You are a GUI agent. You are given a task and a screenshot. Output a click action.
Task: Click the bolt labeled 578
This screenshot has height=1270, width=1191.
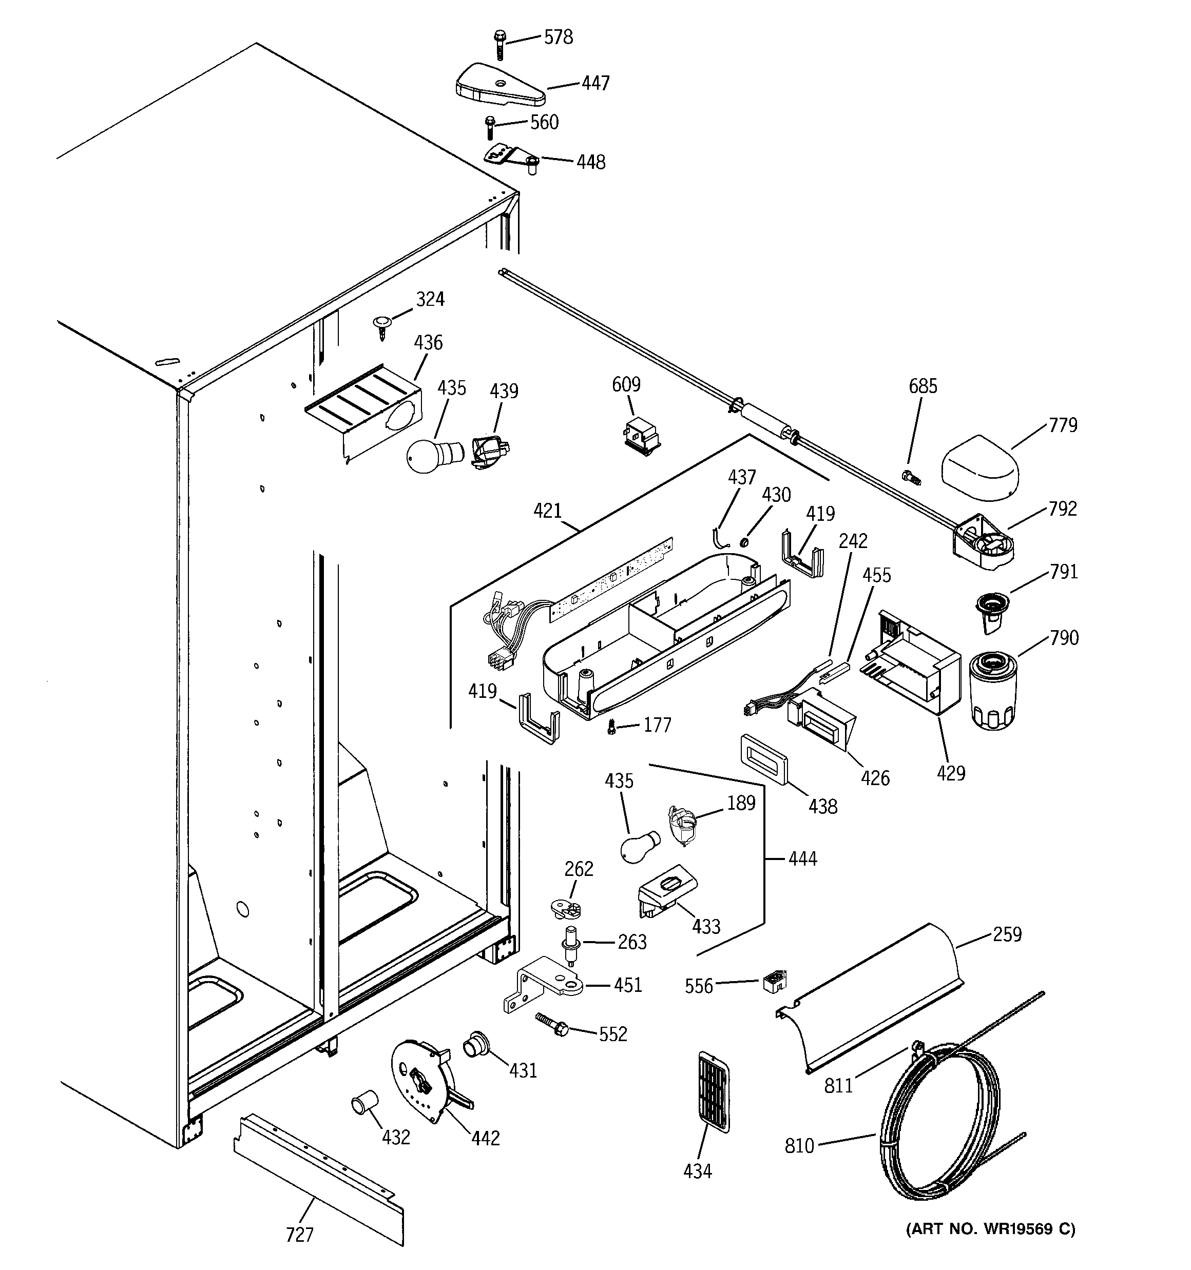(x=500, y=44)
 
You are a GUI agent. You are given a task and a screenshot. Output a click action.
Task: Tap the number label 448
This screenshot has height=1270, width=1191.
(x=591, y=162)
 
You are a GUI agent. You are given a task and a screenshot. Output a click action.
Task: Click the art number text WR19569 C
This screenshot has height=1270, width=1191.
(x=990, y=1228)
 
